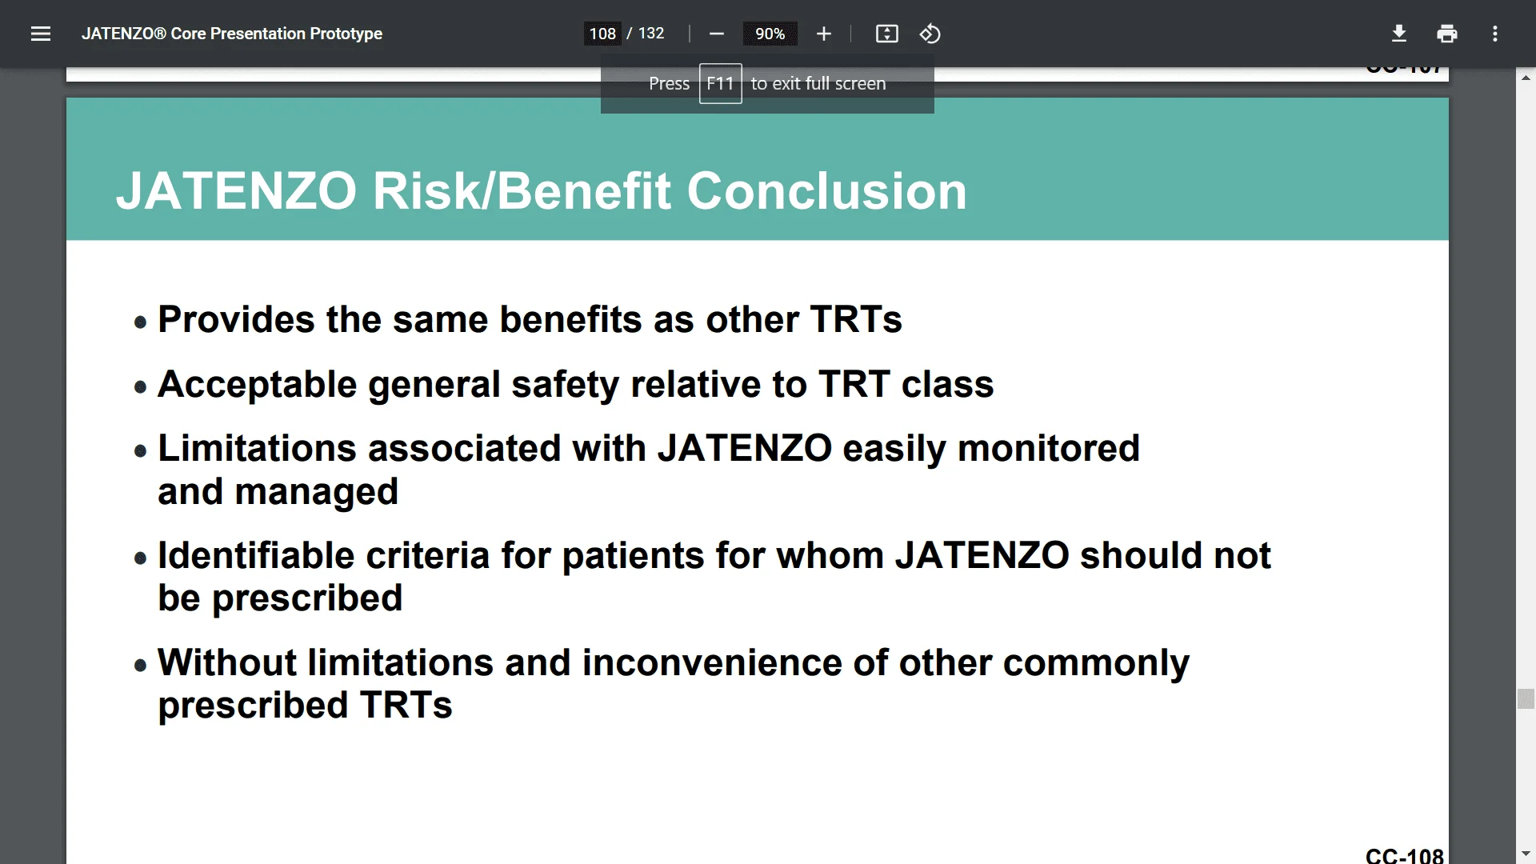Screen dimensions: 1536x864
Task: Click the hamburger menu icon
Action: point(41,34)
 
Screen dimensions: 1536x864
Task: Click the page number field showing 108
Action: point(602,34)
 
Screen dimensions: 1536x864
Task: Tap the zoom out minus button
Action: point(717,34)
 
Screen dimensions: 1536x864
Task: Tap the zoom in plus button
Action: point(824,34)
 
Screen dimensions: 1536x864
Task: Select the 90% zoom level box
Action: point(770,34)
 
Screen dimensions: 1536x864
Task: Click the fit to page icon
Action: point(887,34)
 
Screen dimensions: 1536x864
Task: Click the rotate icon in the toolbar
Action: point(930,34)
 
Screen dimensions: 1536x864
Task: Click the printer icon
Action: point(1447,34)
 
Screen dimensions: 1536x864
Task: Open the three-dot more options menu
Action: point(1494,34)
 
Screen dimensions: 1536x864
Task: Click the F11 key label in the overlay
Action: point(720,83)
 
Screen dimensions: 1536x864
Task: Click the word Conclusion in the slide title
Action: point(826,191)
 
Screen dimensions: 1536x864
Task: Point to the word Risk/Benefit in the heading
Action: point(522,191)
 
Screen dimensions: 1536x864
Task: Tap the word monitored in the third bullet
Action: point(1048,448)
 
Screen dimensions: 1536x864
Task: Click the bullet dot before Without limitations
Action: point(141,666)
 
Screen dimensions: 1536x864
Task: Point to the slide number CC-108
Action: point(1404,855)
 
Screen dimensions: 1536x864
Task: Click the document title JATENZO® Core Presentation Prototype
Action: point(232,34)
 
